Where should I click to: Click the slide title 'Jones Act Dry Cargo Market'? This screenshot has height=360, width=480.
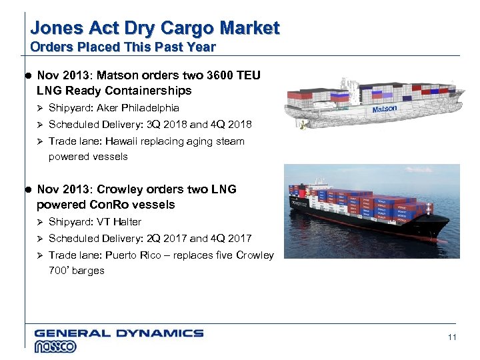click(x=155, y=28)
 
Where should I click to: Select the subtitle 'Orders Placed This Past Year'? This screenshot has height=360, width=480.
click(x=123, y=47)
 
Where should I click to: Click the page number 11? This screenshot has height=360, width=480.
click(x=452, y=337)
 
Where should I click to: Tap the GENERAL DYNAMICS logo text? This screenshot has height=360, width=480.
click(x=119, y=333)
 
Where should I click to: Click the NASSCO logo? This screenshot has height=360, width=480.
click(x=55, y=346)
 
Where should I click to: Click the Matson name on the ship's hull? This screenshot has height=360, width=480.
click(x=384, y=109)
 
